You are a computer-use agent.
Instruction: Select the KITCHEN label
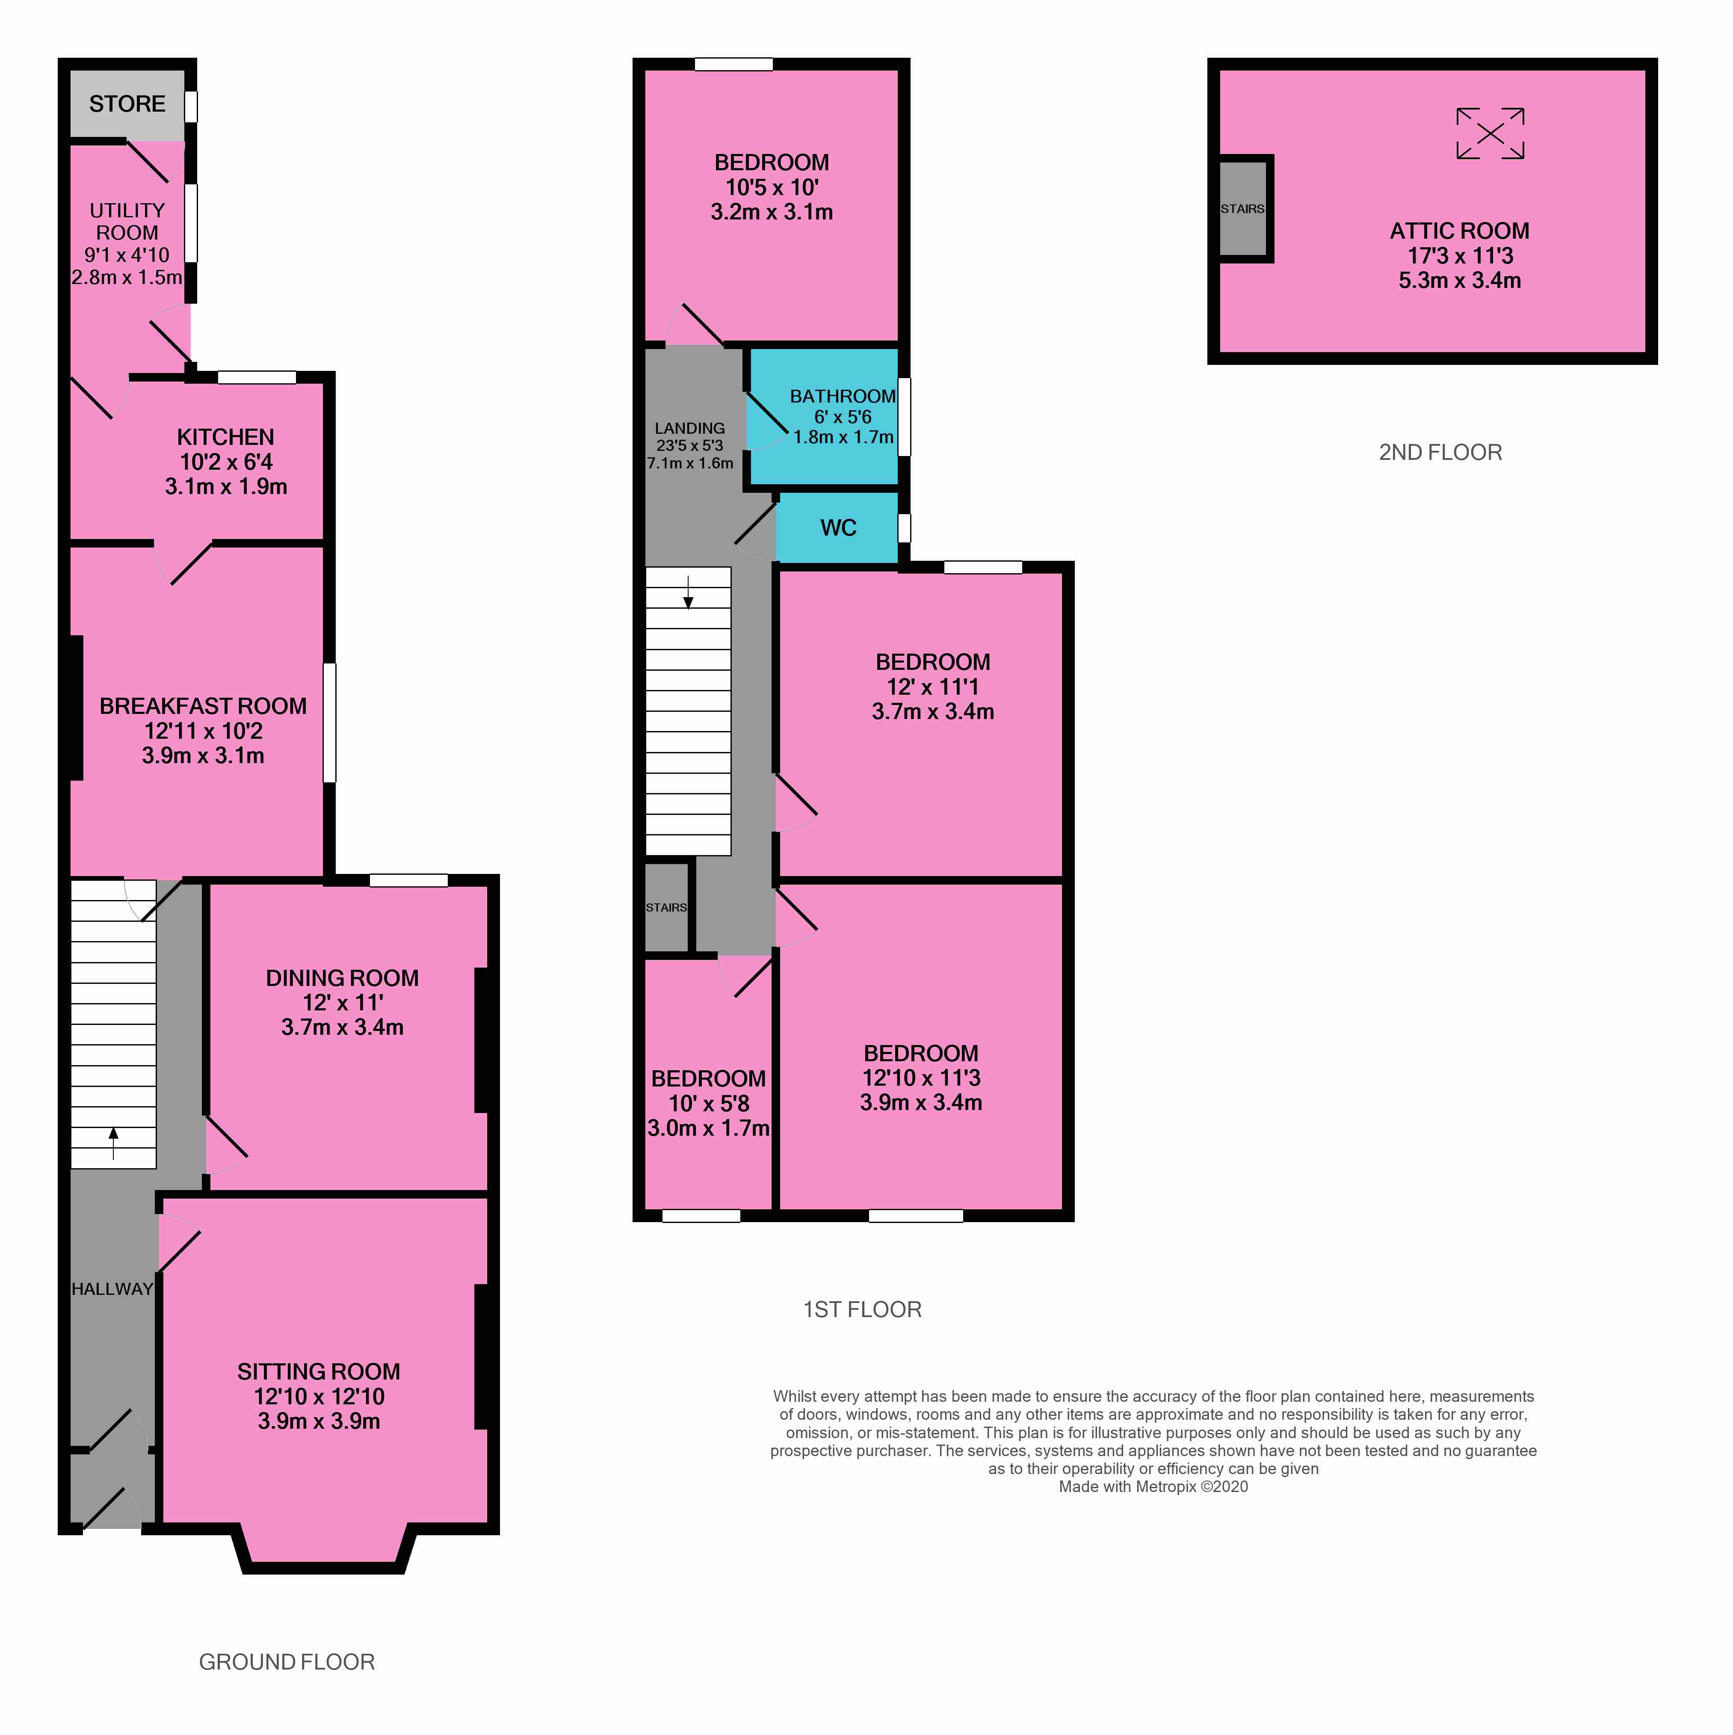tap(225, 437)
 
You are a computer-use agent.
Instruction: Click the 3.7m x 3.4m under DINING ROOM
tap(342, 1027)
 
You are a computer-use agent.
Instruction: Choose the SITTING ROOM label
tap(319, 1371)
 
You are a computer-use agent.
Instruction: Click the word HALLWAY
tap(112, 1289)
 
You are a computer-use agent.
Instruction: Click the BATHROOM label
tap(842, 396)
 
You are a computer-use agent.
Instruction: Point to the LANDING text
tap(689, 428)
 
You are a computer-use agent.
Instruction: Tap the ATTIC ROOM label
tap(1459, 231)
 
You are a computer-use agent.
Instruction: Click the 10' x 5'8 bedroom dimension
tap(708, 1104)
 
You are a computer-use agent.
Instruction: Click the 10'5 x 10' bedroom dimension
tap(771, 188)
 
